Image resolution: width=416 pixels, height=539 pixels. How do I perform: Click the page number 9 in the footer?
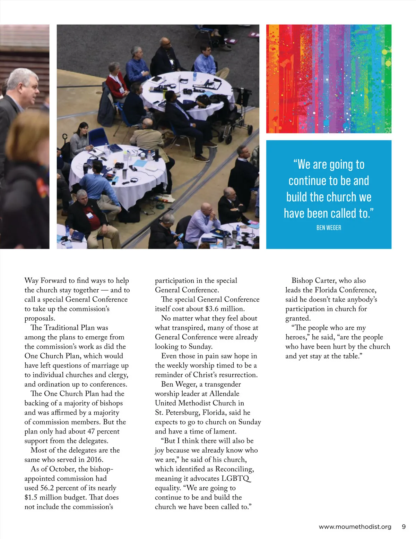coord(404,527)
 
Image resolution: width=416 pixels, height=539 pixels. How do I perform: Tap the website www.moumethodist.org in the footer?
coord(355,527)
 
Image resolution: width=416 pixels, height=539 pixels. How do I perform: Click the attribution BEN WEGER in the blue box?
coord(329,228)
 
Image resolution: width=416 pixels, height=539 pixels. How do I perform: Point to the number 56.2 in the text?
coord(47,488)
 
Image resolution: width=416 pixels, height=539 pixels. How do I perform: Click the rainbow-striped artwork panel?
coord(329,79)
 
